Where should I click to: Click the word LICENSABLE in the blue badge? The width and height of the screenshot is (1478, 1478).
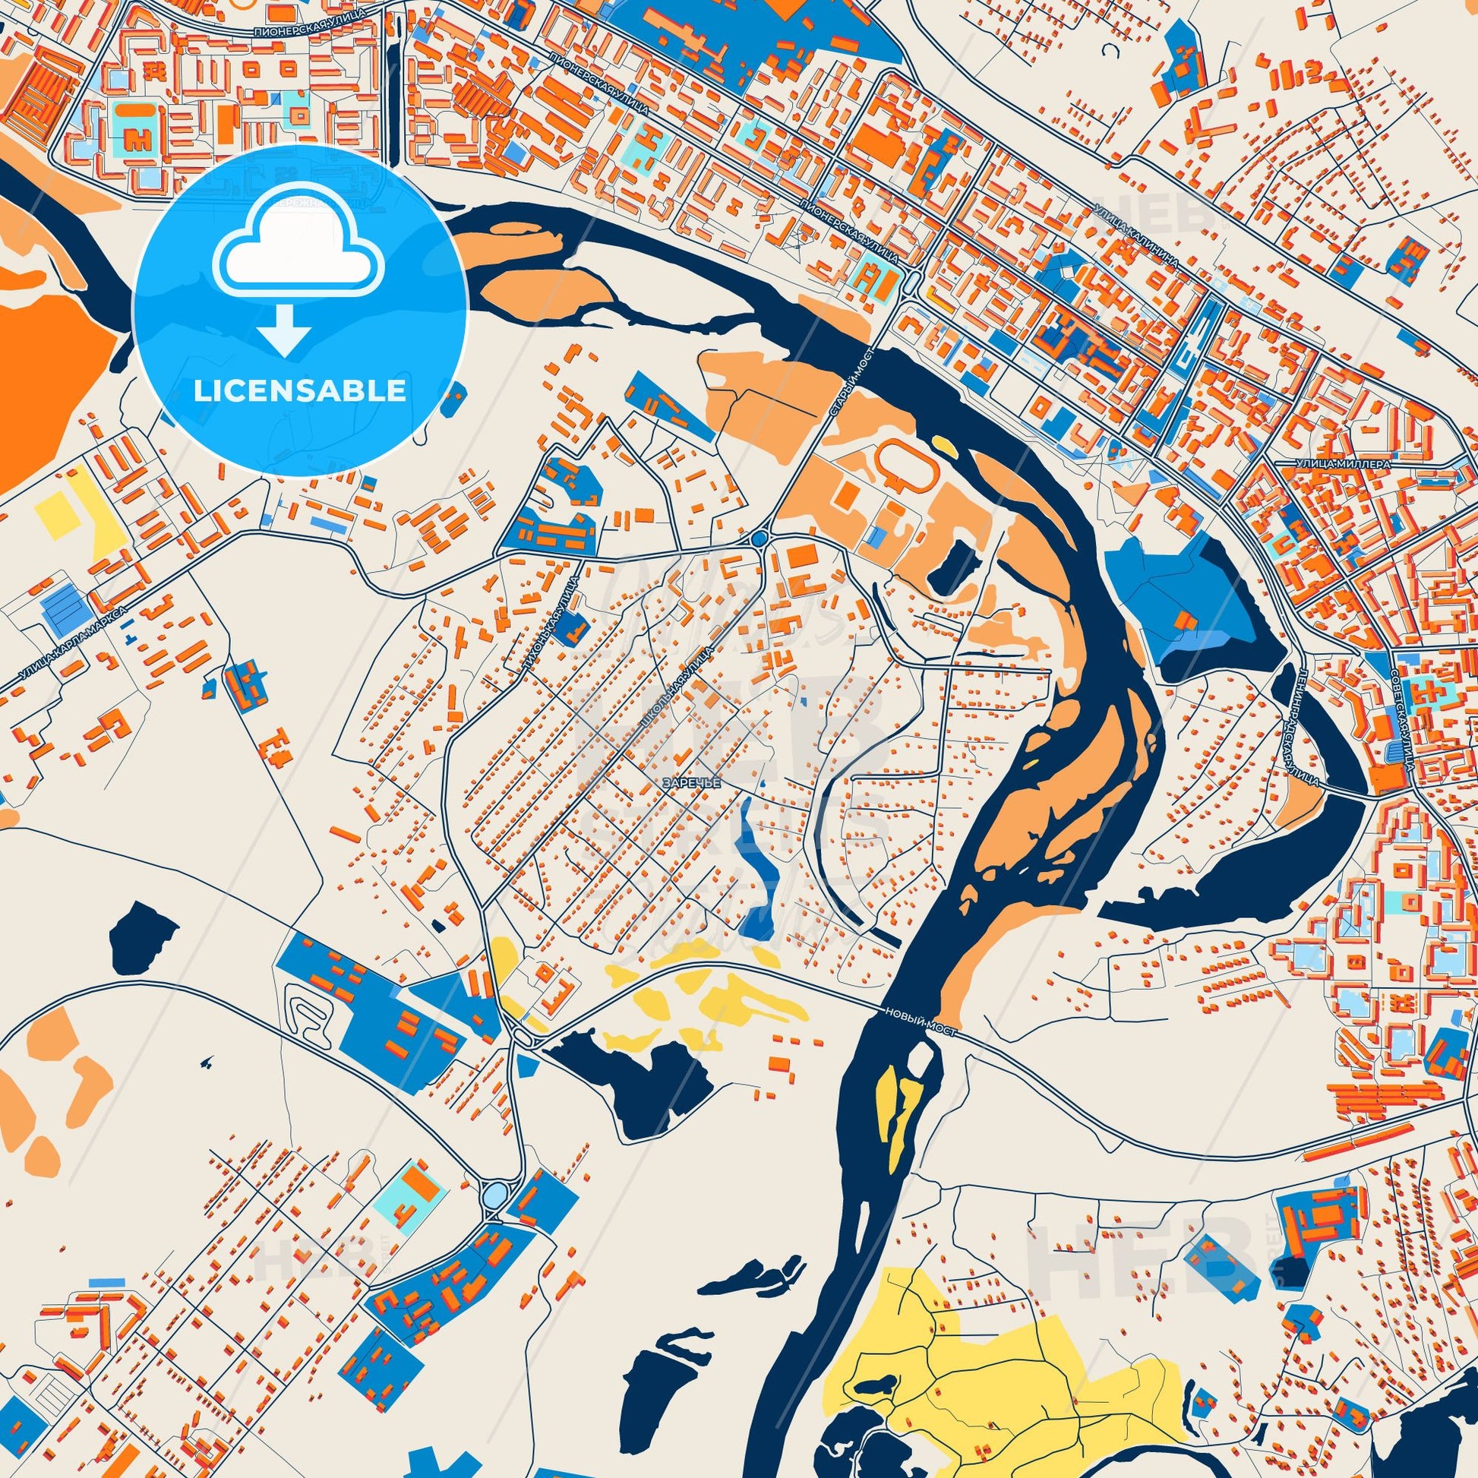pos(299,391)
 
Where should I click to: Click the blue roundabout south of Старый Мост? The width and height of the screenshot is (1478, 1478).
pos(758,539)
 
